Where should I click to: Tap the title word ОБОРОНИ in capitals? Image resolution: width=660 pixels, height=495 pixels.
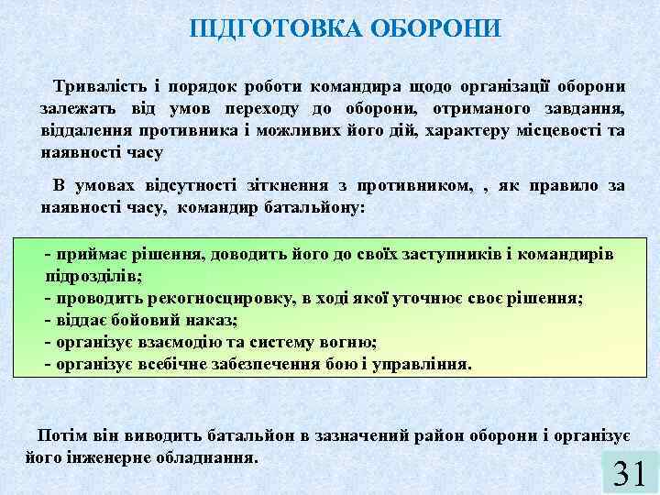(x=434, y=28)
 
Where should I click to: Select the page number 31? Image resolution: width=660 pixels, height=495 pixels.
(x=630, y=472)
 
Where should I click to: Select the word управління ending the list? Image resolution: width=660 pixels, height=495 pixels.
(x=423, y=364)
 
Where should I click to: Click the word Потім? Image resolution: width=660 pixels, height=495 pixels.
(x=65, y=434)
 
